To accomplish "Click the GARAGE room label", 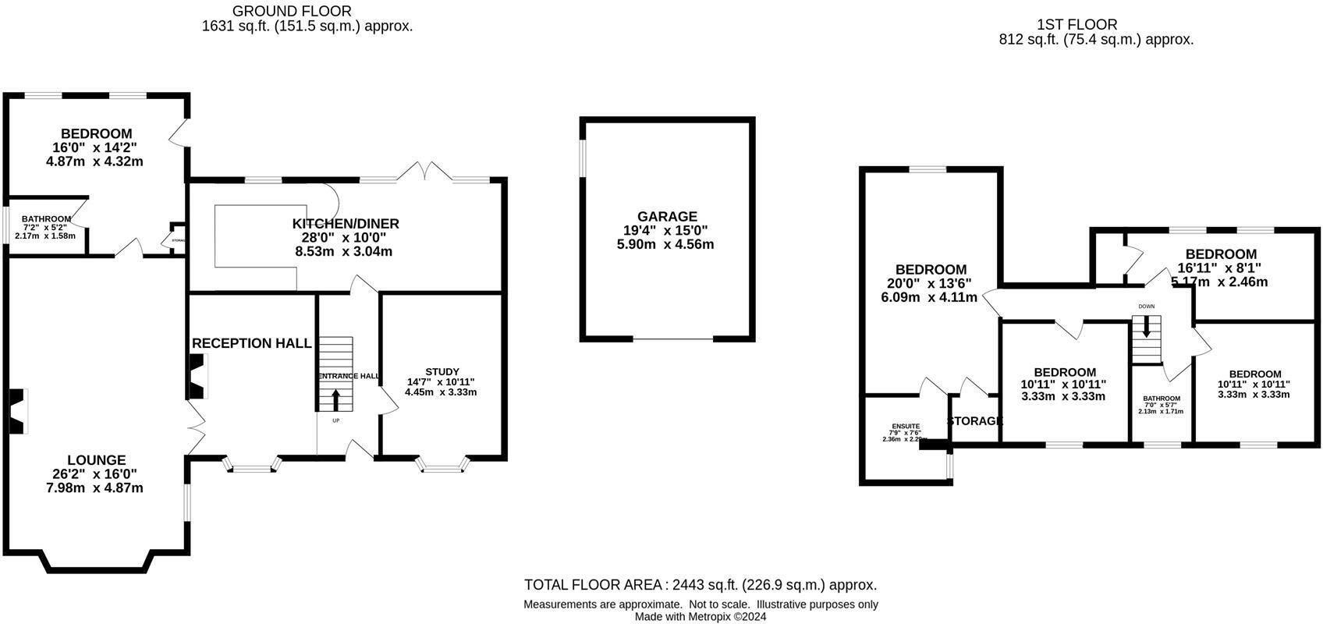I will [666, 216].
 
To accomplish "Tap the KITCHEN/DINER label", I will [346, 224].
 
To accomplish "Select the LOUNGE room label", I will [96, 460].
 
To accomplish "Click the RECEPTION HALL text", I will [251, 343].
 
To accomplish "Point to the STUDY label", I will [442, 371].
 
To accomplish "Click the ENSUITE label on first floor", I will [906, 427].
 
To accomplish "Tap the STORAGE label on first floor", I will [974, 421].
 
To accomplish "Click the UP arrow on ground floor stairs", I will [336, 400].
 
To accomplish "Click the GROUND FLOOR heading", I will [292, 11].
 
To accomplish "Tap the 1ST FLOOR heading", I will [1076, 25].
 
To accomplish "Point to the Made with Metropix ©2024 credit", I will [700, 616].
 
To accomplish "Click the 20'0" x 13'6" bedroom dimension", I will [931, 283].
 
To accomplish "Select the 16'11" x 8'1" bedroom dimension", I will [1220, 268].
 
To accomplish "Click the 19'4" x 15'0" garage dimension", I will [666, 230].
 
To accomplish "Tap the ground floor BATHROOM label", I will [46, 219].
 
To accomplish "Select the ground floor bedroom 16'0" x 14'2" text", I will [96, 147].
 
